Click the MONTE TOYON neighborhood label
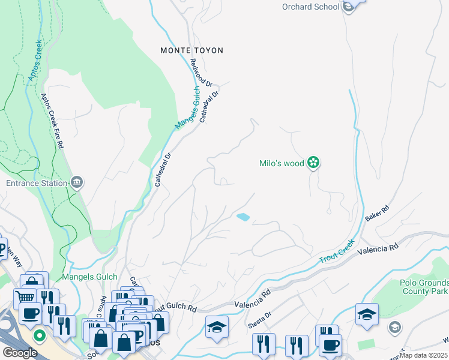point(191,50)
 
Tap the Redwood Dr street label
point(201,73)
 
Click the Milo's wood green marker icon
point(313,162)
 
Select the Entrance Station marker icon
point(76,182)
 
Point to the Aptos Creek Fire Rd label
point(52,121)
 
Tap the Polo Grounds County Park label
point(424,287)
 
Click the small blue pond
point(243,217)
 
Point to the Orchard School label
point(311,7)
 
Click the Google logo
point(20,353)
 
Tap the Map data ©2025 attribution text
point(423,355)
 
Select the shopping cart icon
point(25,297)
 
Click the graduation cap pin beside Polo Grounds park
point(366,314)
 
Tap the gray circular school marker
point(394,327)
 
